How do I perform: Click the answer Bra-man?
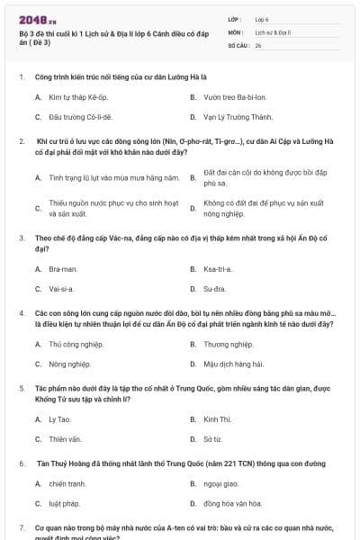pyautogui.click(x=63, y=269)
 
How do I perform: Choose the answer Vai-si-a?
pyautogui.click(x=61, y=290)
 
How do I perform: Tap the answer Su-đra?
pyautogui.click(x=214, y=290)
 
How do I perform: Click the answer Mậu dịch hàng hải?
pyautogui.click(x=232, y=364)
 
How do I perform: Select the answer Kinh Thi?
pyautogui.click(x=217, y=419)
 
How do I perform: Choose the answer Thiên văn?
pyautogui.click(x=65, y=440)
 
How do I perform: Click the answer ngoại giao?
pyautogui.click(x=220, y=483)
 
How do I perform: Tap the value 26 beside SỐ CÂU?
pyautogui.click(x=258, y=44)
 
